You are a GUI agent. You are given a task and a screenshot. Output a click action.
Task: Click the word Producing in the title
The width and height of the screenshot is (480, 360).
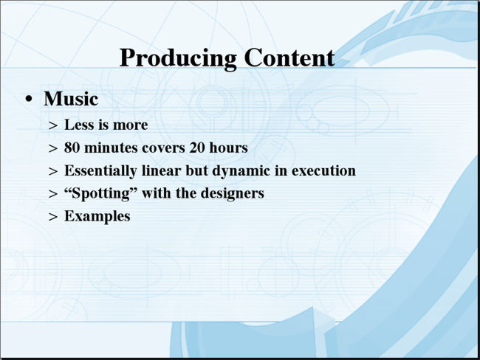coord(178,58)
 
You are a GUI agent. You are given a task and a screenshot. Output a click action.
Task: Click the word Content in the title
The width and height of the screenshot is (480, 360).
coord(289,58)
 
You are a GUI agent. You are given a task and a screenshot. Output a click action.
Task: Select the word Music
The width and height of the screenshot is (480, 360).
coord(71,99)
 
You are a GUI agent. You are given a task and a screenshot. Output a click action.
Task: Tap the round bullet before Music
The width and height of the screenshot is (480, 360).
coord(29,99)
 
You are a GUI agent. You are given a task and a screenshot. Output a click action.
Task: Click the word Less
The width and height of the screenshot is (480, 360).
coord(77,125)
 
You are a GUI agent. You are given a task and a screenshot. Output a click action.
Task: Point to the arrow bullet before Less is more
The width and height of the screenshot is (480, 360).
coord(53,125)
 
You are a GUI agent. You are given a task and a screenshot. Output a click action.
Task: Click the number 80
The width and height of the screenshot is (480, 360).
coord(72,148)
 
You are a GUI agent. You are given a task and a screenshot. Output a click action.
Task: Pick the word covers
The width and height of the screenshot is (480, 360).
coord(163,148)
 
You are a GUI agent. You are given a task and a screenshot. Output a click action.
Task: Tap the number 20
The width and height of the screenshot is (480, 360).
coord(197,148)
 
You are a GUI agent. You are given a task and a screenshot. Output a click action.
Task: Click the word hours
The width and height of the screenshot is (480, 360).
coord(228,148)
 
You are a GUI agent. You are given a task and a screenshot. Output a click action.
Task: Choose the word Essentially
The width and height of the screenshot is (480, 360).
coord(100,171)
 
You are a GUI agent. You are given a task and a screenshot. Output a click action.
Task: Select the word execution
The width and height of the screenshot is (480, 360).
coord(323,170)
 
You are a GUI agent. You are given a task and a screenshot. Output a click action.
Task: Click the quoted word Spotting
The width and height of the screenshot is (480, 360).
coord(101,194)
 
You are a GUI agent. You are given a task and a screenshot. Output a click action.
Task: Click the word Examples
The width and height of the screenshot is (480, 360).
coord(97,217)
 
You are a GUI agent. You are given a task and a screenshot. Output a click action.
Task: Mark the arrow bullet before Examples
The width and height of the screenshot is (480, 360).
coord(53,217)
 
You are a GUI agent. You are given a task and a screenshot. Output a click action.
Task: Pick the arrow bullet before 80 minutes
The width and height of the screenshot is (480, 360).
coord(53,148)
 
